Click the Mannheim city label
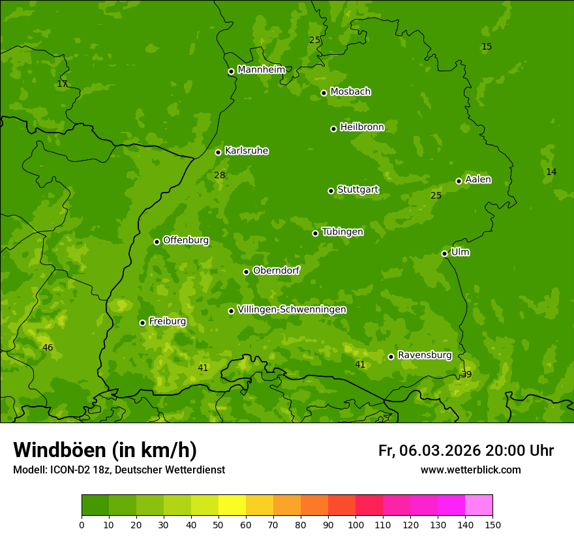261,70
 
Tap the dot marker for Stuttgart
331,191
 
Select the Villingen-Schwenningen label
292,310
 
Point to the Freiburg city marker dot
142,323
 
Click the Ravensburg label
424,355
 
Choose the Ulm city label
460,252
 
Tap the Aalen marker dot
459,181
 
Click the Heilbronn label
362,127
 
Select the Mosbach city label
350,92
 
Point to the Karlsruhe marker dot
218,152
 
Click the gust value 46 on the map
48,347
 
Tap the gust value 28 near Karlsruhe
219,175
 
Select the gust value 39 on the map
466,374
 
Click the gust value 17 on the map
62,84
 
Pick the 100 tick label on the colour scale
355,524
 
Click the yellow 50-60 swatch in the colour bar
232,505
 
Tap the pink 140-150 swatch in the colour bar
479,505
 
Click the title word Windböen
59,450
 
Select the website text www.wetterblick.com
470,470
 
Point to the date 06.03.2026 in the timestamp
440,451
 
